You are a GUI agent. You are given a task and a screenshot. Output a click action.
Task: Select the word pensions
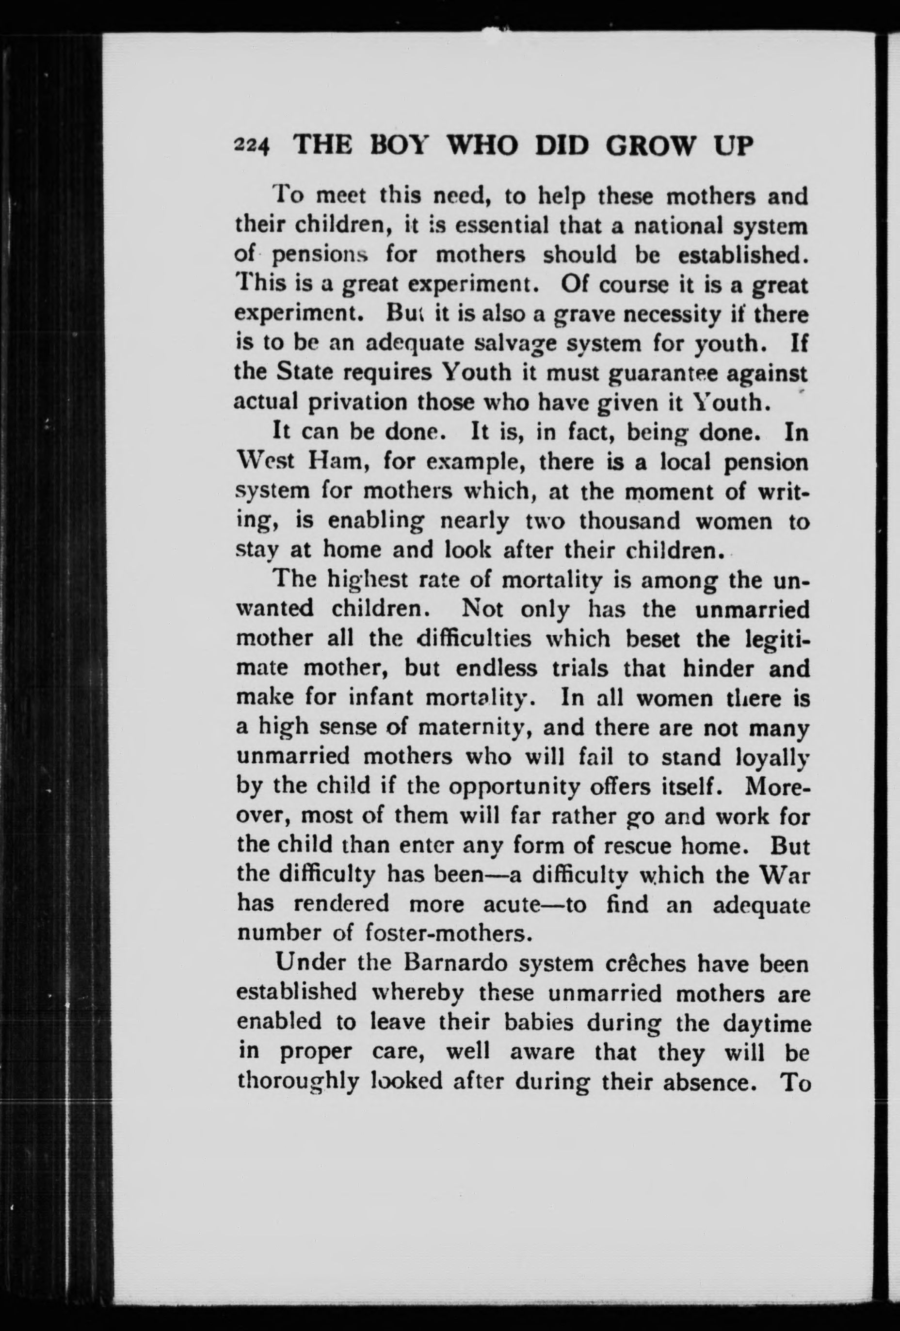tap(319, 255)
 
